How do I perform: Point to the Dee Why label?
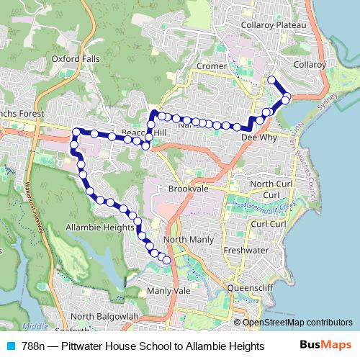point(256,135)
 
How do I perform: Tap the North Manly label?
point(186,239)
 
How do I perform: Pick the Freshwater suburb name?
point(246,251)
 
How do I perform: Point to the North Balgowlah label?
point(104,317)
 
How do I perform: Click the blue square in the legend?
point(9,346)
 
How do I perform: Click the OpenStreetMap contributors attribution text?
point(297,323)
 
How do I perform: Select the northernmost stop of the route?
point(271,80)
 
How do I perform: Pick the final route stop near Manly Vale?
point(167,260)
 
